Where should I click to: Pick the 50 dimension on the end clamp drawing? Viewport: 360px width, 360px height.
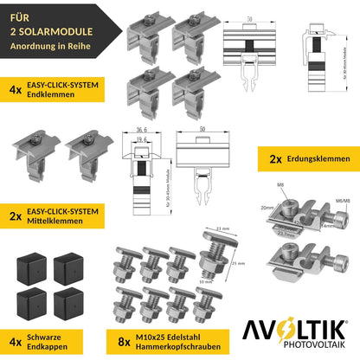tap(247, 16)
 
